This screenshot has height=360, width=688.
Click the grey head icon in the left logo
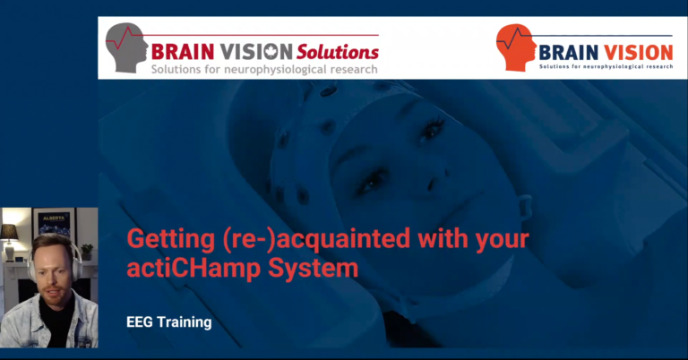pyautogui.click(x=126, y=47)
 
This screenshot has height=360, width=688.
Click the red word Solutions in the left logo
pyautogui.click(x=338, y=52)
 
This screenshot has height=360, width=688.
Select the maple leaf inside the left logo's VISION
pyautogui.click(x=271, y=52)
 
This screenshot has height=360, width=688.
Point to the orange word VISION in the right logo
pyautogui.click(x=639, y=53)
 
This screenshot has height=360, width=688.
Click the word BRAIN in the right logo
pyautogui.click(x=569, y=53)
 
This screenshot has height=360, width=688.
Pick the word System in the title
pyautogui.click(x=314, y=269)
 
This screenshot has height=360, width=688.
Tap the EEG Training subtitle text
pyautogui.click(x=169, y=322)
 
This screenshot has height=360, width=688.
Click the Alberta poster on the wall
pyautogui.click(x=55, y=224)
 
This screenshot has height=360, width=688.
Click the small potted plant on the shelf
pyautogui.click(x=87, y=252)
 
